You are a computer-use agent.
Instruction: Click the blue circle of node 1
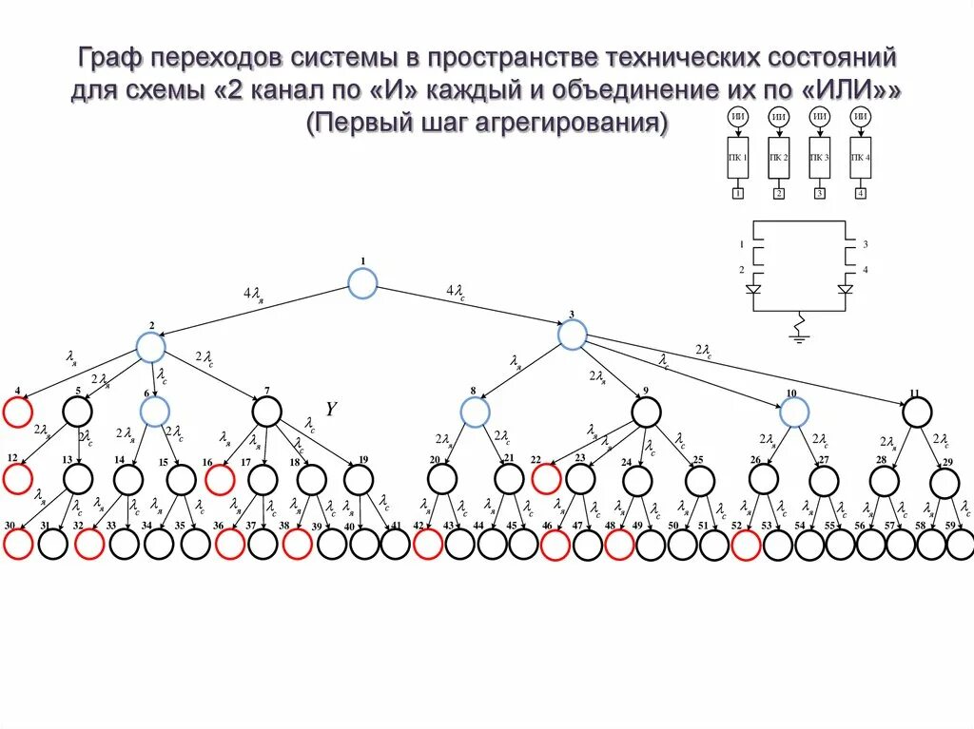361,283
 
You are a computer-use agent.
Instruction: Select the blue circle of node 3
572,335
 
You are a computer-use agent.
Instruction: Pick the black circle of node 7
267,411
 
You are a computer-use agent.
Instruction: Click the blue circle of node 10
792,412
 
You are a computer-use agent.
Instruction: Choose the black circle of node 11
916,412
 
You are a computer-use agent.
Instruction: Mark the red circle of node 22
545,479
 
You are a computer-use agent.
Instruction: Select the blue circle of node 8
475,412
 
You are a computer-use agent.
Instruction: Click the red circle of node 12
17,478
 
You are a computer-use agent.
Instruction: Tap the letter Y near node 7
331,410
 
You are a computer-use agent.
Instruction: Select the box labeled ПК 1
738,158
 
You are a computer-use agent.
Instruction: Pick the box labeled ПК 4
860,158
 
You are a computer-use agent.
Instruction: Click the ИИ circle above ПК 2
779,117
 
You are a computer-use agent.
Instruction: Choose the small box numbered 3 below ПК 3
820,194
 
